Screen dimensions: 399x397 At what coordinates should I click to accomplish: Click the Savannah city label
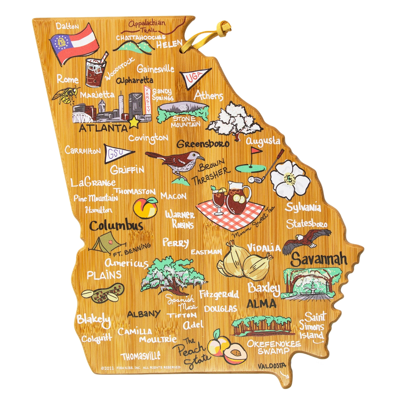[318, 259]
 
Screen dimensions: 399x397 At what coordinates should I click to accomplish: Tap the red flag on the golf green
[256, 151]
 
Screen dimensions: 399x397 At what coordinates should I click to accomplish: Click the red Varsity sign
[147, 100]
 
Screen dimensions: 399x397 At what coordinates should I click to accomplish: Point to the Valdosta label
[272, 366]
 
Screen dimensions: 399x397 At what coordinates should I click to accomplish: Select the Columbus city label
[116, 226]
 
